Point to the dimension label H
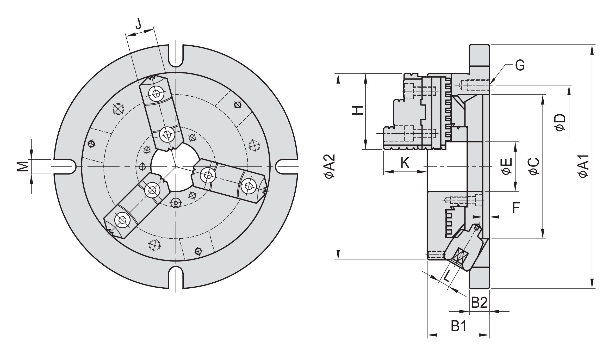[x=358, y=110]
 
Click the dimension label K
[x=405, y=163]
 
